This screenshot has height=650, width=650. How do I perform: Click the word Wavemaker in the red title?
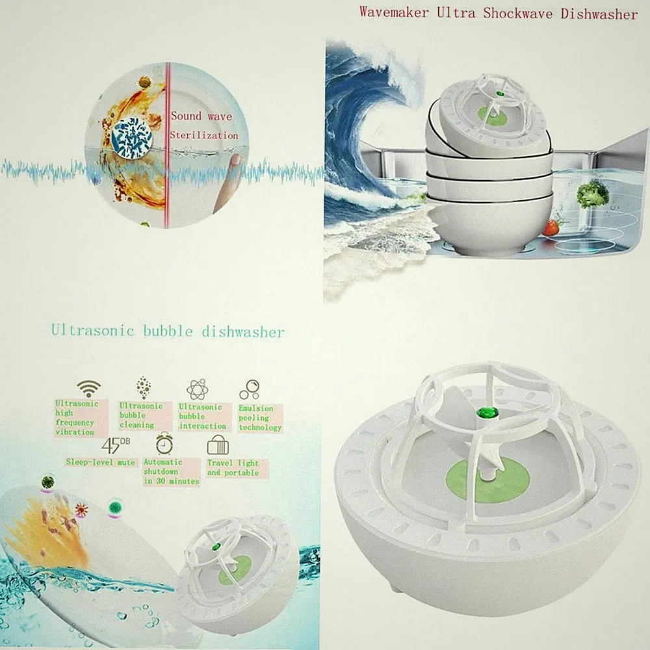coord(393,12)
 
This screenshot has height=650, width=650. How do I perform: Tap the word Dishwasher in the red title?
coord(599,14)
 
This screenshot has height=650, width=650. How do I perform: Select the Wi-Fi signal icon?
coord(88,389)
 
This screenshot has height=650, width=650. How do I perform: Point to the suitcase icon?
coord(218,446)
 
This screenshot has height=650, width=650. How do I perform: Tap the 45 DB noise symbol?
coord(116,445)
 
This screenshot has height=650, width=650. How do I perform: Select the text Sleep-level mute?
coord(101,461)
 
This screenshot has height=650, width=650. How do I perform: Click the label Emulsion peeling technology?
coord(260,418)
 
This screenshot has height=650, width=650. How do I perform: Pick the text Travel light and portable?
coord(233,467)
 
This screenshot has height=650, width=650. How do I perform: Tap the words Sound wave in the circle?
coord(201,116)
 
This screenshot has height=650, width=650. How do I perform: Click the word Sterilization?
coord(204,135)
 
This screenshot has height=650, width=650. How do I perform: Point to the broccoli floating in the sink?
coord(593,194)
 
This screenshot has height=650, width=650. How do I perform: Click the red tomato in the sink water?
coord(552,227)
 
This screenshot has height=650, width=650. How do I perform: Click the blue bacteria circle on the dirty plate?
coord(131,138)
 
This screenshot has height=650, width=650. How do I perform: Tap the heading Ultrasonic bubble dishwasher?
coord(168,331)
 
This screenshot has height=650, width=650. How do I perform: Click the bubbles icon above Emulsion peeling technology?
coord(249,389)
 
